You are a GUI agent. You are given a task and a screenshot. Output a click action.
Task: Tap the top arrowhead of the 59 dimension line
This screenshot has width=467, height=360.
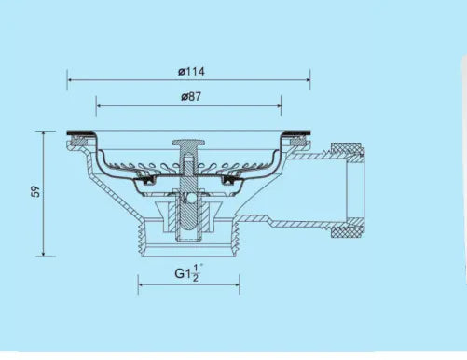click(43, 134)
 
